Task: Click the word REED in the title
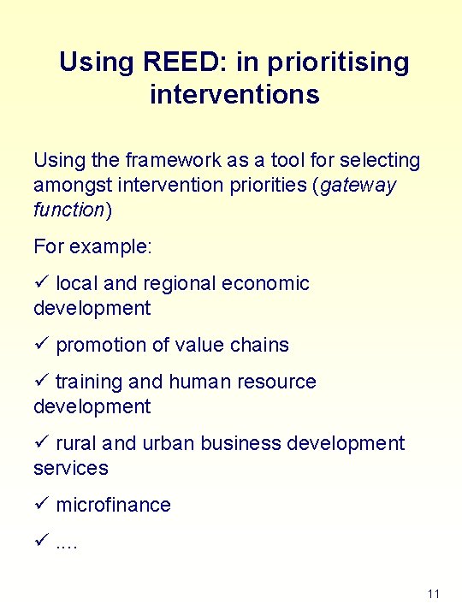coord(187,62)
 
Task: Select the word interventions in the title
coord(234,94)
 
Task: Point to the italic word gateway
coord(358,185)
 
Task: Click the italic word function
coord(68,210)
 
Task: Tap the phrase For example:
coord(92,246)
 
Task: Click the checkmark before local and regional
coord(41,283)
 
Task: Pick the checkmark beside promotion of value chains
coord(41,345)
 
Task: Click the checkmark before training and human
coord(41,382)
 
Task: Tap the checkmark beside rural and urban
coord(41,443)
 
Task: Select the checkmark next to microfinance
coord(41,505)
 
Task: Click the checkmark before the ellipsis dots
coord(41,542)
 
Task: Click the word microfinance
coord(113,505)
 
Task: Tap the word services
coord(71,468)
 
